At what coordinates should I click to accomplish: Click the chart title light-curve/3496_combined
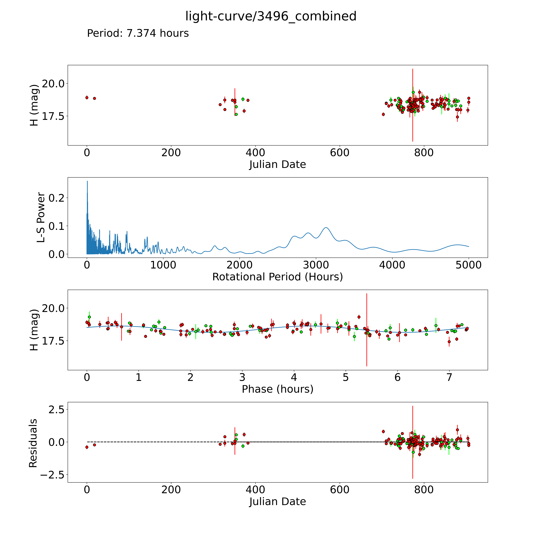271,16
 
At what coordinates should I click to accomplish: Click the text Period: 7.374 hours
138,33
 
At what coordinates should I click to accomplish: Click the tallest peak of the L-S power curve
87,181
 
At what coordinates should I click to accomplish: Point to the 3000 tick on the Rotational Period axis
316,265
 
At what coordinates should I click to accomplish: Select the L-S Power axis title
41,217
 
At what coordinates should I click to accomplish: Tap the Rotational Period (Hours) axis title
277,277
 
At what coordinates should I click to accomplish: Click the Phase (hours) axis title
277,389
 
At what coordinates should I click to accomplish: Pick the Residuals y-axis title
33,443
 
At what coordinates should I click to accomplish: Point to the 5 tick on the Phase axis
346,377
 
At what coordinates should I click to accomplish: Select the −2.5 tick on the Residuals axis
52,475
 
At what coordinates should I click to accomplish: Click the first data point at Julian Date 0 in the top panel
87,98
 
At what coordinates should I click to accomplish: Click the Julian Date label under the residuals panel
277,502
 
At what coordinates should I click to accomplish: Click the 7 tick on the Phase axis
449,377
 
